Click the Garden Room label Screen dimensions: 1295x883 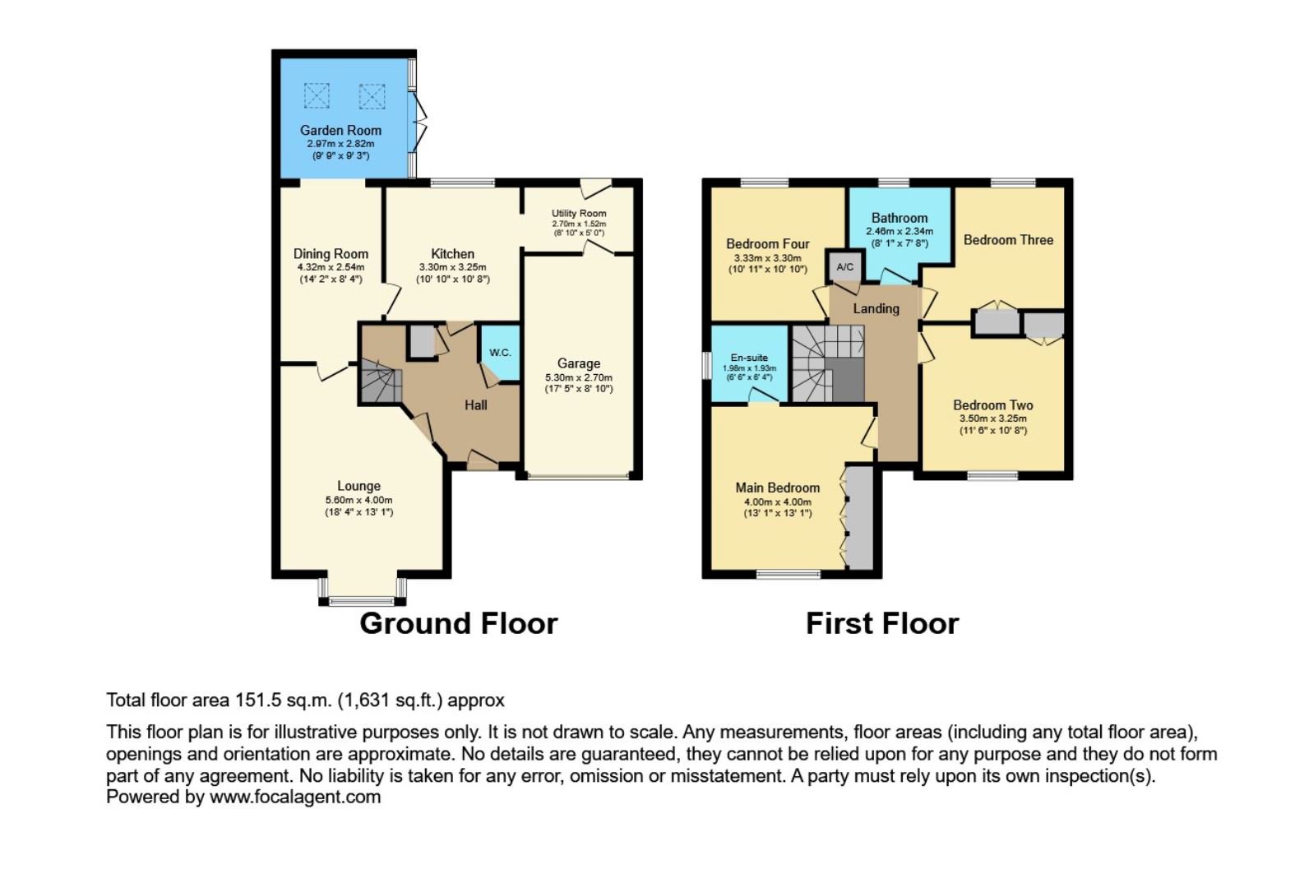[x=340, y=131]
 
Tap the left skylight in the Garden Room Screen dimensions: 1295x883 [x=317, y=96]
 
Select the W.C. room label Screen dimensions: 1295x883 [x=500, y=353]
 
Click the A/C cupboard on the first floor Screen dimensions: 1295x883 [x=844, y=266]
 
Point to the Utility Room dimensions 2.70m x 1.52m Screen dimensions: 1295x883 [x=579, y=224]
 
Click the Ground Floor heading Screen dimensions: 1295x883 [x=459, y=624]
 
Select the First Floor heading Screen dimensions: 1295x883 [x=882, y=624]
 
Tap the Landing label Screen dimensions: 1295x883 [x=876, y=309]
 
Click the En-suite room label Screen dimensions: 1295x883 [x=749, y=358]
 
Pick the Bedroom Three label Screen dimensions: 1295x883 [x=1008, y=240]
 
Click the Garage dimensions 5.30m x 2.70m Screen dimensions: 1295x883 [x=579, y=377]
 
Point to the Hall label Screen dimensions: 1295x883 [x=476, y=405]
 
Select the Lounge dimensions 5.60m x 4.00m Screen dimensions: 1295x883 [x=359, y=500]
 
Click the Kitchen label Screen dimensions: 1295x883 [x=453, y=254]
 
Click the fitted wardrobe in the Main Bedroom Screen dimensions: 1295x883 [x=860, y=517]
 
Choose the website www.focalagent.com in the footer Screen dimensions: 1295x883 [x=295, y=797]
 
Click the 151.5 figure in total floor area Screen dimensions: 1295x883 [x=257, y=700]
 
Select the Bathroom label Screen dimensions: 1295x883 [x=900, y=218]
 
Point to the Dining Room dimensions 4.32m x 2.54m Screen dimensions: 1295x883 [x=331, y=268]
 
